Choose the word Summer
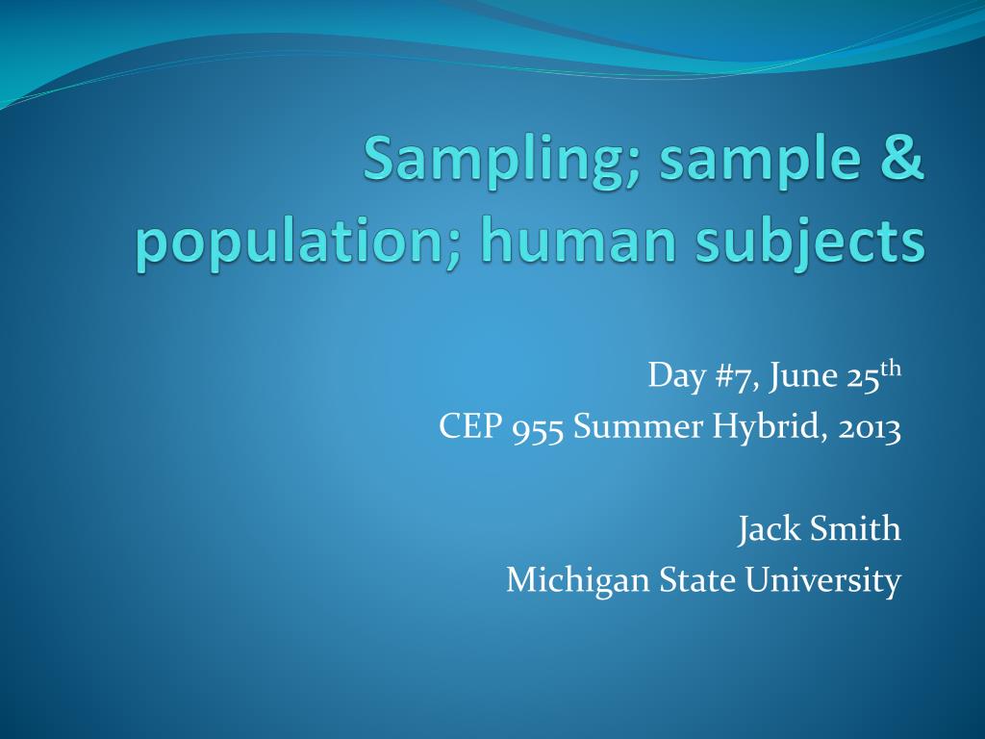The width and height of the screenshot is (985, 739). pyautogui.click(x=639, y=425)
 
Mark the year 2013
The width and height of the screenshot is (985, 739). pyautogui.click(x=870, y=425)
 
